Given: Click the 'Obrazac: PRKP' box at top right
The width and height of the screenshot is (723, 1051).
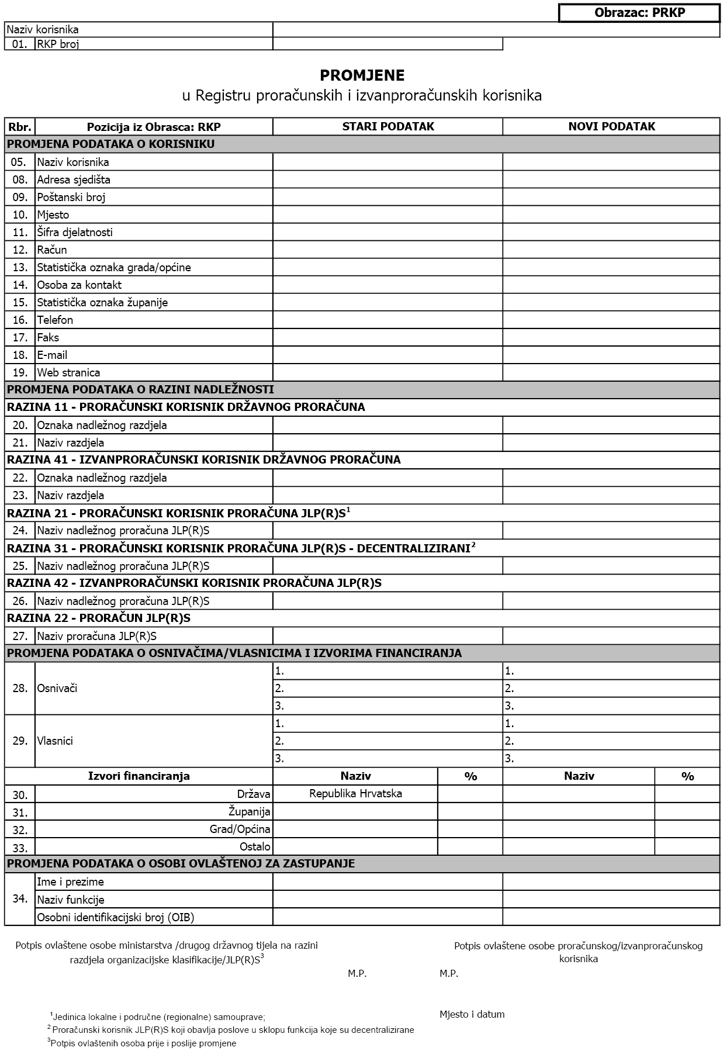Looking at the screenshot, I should click(639, 13).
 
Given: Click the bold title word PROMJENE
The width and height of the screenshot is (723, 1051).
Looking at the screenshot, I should click(362, 75).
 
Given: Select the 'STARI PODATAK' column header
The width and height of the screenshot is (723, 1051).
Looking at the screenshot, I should click(388, 127).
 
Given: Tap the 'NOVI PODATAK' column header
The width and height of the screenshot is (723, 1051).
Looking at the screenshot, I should click(611, 127).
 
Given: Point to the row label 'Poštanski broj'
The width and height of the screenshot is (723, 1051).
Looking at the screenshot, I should click(71, 197).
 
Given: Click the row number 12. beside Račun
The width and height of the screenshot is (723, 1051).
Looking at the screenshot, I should click(20, 250).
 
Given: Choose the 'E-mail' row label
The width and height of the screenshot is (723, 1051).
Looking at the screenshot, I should click(52, 355).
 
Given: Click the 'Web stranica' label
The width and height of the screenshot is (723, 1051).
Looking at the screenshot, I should click(68, 372).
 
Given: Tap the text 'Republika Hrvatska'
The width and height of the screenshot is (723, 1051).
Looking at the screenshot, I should click(355, 793).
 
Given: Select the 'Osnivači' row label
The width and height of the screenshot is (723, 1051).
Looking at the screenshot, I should click(57, 688).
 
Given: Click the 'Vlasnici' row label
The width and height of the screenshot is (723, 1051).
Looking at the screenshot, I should click(55, 741).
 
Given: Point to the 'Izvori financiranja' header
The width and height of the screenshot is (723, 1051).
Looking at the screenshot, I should click(139, 776).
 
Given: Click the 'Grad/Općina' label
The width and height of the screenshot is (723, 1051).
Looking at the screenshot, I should click(240, 829).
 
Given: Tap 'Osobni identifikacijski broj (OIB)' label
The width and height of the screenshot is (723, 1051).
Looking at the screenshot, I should click(116, 917).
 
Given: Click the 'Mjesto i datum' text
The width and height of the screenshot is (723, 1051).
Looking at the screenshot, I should click(472, 1014).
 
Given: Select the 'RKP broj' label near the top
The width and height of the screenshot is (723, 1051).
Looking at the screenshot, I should click(58, 44).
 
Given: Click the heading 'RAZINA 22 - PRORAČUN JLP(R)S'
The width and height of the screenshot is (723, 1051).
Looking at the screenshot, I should click(99, 618).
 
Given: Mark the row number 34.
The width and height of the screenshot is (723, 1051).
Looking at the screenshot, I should click(20, 898).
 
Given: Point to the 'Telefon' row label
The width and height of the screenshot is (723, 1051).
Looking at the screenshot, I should click(55, 320).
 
